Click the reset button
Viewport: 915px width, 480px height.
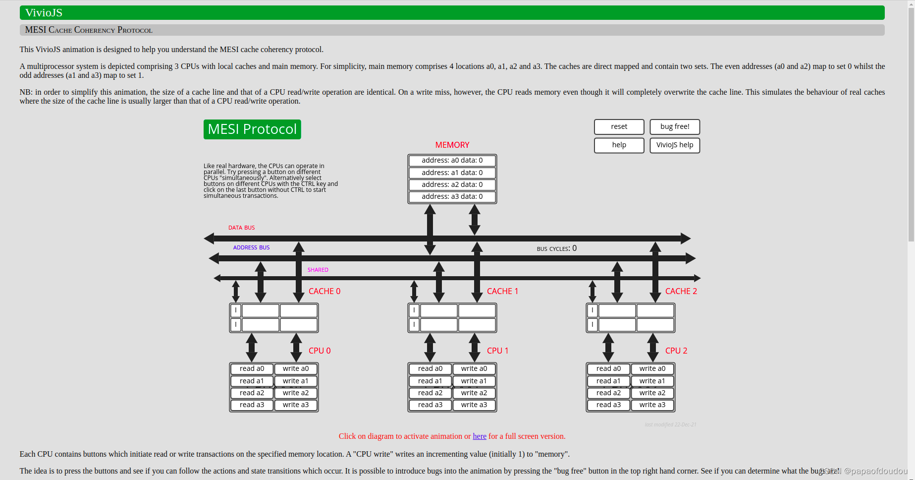pos(619,127)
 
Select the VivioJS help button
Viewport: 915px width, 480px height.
pos(674,145)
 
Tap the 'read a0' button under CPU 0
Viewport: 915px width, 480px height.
pos(252,369)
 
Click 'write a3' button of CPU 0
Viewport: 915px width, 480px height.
pos(296,405)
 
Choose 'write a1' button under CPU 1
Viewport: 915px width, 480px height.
pos(474,381)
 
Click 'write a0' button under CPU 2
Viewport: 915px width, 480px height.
pos(652,369)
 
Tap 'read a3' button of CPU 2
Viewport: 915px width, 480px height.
pos(608,405)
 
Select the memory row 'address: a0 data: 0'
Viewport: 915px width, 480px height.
pos(452,161)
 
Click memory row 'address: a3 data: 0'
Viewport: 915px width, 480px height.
pos(452,197)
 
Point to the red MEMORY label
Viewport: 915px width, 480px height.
pos(452,145)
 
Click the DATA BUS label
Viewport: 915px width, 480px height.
pos(241,228)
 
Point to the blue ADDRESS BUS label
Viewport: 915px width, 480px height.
pos(251,247)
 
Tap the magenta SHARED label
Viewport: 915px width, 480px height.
pos(318,270)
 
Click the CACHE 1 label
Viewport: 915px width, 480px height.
pos(502,292)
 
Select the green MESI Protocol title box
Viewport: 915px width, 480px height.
pos(252,129)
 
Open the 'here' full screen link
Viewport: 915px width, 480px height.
pos(479,436)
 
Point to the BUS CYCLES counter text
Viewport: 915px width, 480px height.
pos(556,248)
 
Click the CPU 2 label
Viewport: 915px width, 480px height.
pos(676,351)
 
